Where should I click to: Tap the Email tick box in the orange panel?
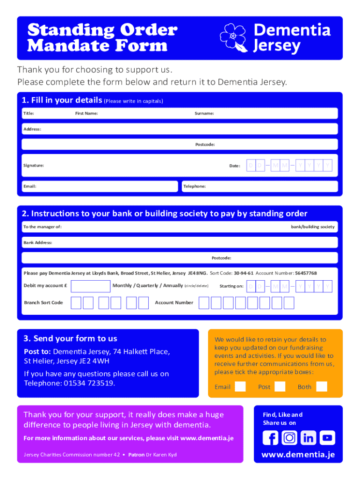pos(240,386)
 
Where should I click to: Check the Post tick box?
pos(280,386)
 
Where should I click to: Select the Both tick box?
pos(321,386)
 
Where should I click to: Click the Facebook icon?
pos(270,438)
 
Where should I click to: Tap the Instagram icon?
pos(289,438)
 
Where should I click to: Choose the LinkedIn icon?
pos(309,438)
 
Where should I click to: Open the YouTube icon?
pos(328,438)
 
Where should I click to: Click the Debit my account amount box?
pos(90,286)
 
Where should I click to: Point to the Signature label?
pos(34,166)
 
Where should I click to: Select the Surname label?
pos(204,113)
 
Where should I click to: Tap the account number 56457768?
pos(306,273)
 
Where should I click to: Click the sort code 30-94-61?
pos(244,273)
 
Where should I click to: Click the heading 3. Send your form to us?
pos(70,338)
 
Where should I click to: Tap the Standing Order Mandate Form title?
pos(102,38)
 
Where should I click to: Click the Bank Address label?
pos(38,243)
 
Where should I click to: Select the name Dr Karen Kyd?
pos(161,455)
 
